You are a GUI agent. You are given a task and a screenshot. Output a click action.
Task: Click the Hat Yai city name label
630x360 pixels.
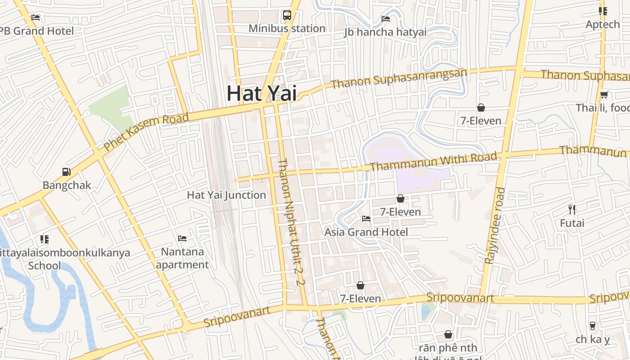(261, 93)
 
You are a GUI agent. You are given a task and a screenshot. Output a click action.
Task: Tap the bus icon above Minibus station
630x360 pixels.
(287, 15)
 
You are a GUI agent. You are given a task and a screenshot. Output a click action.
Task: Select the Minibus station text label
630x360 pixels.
(287, 28)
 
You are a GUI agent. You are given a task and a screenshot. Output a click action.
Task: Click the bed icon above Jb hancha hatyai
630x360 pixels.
(386, 19)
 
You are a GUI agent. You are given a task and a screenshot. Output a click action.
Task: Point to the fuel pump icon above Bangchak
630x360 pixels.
(67, 171)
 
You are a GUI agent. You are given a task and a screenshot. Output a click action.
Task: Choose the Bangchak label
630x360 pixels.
(67, 185)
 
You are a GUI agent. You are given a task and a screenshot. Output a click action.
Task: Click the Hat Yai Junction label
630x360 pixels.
(226, 195)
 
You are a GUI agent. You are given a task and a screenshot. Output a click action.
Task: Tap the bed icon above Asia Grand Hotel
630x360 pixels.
(366, 219)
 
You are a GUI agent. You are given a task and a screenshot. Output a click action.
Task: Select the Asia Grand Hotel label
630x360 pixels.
(366, 232)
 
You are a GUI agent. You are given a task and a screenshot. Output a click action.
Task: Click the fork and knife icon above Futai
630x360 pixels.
(572, 209)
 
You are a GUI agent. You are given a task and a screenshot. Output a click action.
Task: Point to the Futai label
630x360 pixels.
(572, 223)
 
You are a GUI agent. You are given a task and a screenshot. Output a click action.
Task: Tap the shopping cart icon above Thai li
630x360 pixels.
(604, 94)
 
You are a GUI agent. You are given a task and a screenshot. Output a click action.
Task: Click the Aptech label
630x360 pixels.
(603, 24)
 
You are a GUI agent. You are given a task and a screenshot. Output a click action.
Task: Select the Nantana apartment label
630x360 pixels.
(182, 258)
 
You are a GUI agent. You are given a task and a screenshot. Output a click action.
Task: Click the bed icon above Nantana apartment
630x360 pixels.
(182, 238)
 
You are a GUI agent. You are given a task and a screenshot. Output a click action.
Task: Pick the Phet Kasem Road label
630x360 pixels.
(146, 132)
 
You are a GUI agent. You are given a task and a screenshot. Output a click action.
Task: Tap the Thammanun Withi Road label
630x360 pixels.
(433, 162)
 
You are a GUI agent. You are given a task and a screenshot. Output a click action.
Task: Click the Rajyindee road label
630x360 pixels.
(495, 225)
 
